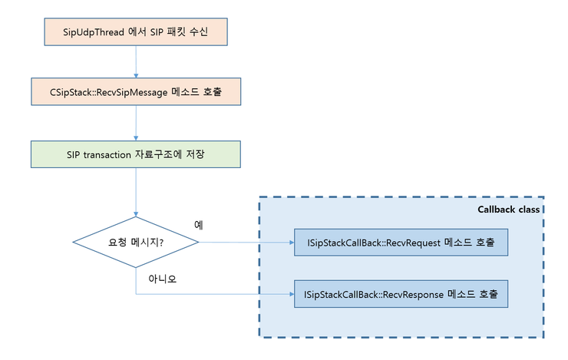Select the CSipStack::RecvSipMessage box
click(136, 91)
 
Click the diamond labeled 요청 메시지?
click(136, 243)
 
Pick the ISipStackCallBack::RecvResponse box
click(400, 293)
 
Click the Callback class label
click(509, 209)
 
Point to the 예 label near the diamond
click(198, 225)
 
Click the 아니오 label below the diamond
click(163, 279)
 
